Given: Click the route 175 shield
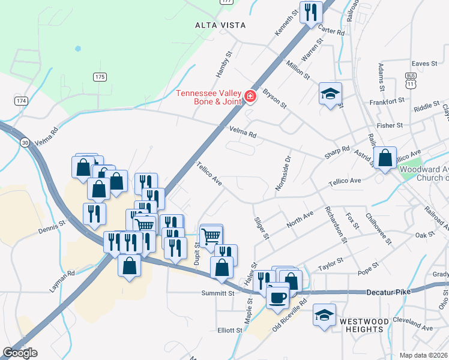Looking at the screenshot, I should click(100, 77).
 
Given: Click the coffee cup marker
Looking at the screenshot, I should click(277, 296).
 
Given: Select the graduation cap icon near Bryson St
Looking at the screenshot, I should click(330, 93).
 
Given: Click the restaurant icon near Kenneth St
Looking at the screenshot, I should click(310, 11).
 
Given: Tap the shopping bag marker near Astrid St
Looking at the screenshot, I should click(385, 158).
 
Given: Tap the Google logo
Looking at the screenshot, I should click(20, 353).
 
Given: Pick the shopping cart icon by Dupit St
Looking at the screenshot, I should click(211, 236).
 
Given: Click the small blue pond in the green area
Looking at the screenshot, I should click(77, 48).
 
